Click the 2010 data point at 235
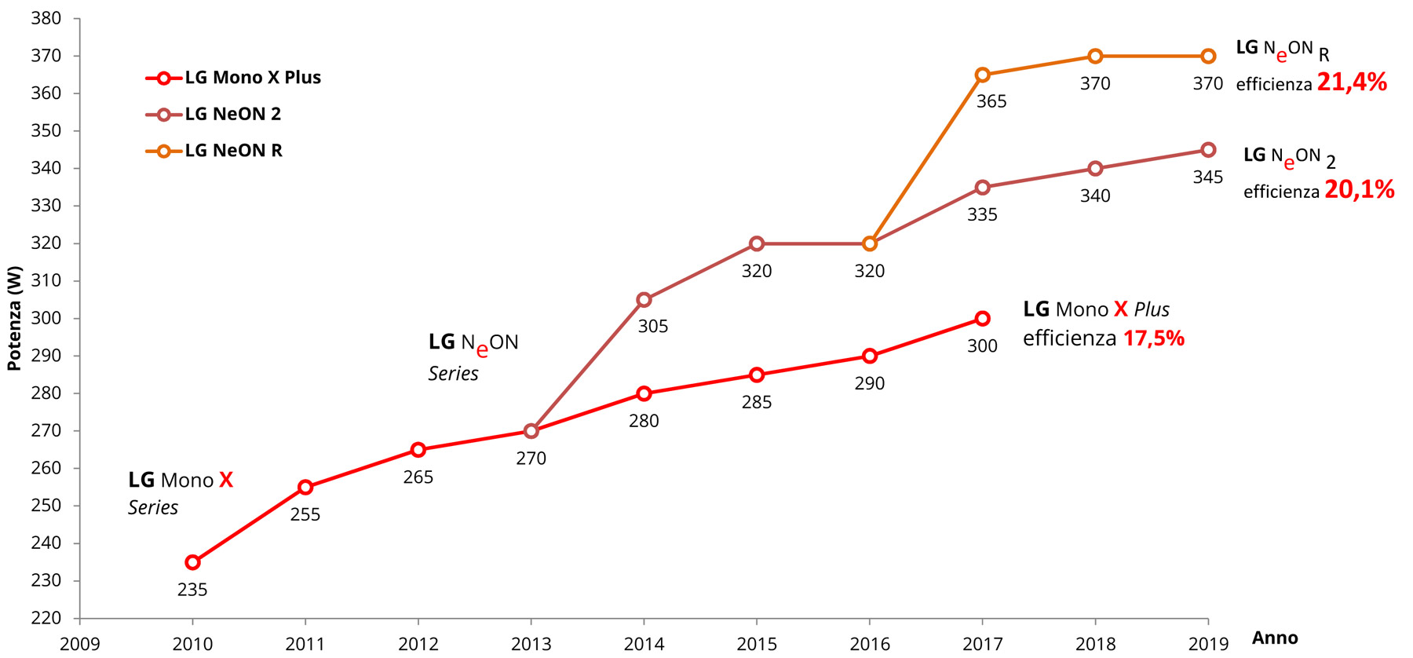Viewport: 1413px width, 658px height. pyautogui.click(x=192, y=562)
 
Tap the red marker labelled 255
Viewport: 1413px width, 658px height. pyautogui.click(x=305, y=488)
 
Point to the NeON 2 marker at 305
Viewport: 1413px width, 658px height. pyautogui.click(x=644, y=300)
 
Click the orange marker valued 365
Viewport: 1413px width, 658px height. pyautogui.click(x=982, y=75)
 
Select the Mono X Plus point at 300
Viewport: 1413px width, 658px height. pyautogui.click(x=982, y=319)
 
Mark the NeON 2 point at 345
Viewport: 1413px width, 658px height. pyautogui.click(x=1208, y=150)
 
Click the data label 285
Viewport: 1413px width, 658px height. pyautogui.click(x=757, y=403)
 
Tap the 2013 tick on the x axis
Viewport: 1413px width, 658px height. pyautogui.click(x=531, y=645)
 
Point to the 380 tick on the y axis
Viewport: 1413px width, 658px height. pyautogui.click(x=46, y=19)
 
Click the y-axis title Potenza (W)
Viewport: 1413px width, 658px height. pyautogui.click(x=14, y=318)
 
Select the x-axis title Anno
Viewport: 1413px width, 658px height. pyautogui.click(x=1275, y=638)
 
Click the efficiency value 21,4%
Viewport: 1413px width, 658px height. pyautogui.click(x=1352, y=82)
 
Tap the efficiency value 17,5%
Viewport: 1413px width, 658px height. pyautogui.click(x=1153, y=338)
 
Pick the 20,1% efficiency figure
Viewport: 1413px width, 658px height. pyautogui.click(x=1359, y=190)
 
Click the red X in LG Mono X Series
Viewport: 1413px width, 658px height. pyautogui.click(x=226, y=480)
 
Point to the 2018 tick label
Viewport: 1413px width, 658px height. pyautogui.click(x=1095, y=645)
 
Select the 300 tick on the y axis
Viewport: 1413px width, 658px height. pyautogui.click(x=46, y=318)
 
